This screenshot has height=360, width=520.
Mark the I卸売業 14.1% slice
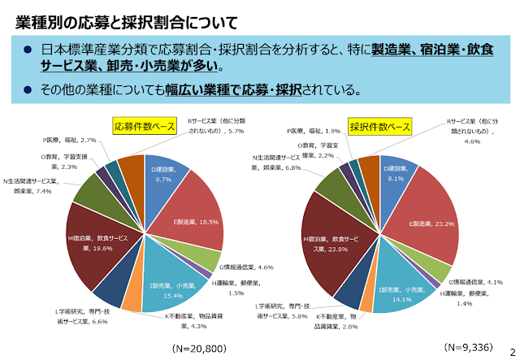(x=398, y=289)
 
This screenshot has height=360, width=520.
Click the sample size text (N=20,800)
(x=193, y=348)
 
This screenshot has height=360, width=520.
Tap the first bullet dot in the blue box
(x=27, y=50)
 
